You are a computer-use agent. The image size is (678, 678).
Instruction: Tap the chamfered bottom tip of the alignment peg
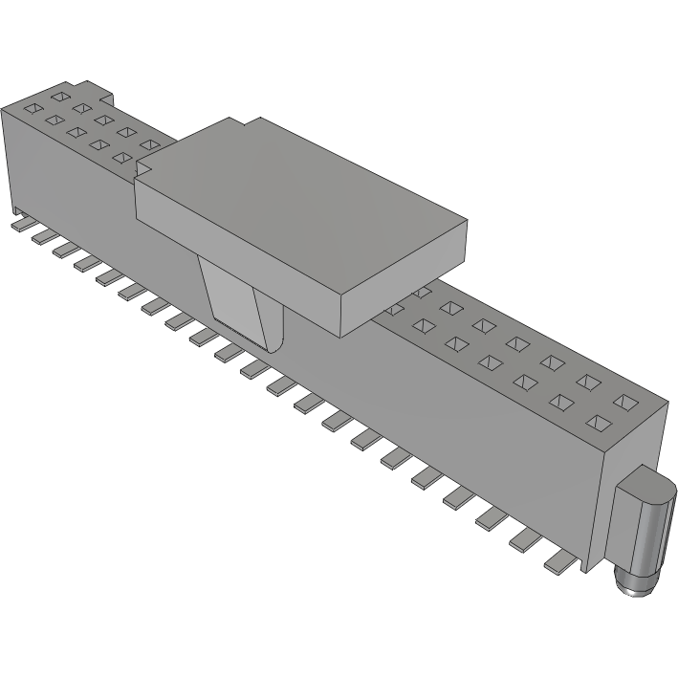pyautogui.click(x=635, y=585)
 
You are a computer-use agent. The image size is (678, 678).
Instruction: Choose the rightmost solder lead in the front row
pyautogui.click(x=562, y=565)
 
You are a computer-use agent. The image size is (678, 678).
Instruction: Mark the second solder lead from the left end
pyautogui.click(x=41, y=236)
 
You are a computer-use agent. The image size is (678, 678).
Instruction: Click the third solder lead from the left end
pyautogui.click(x=62, y=249)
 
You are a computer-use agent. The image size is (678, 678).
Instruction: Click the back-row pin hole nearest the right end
pyautogui.click(x=624, y=401)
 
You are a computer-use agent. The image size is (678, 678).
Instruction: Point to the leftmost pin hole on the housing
pyautogui.click(x=31, y=107)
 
